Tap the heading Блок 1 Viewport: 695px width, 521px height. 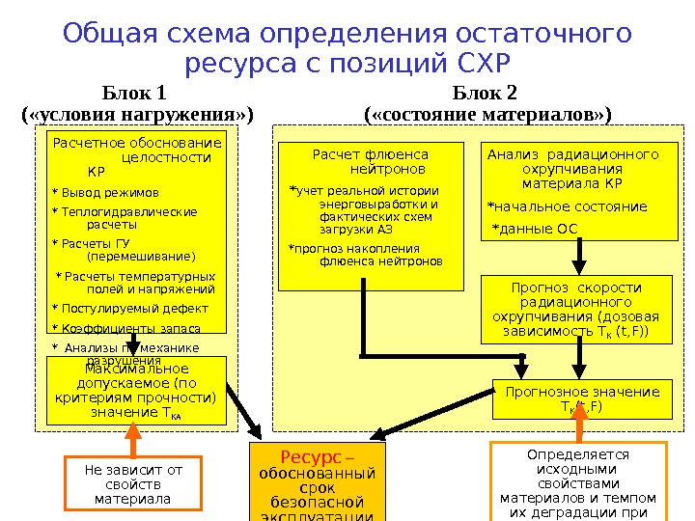click(x=135, y=94)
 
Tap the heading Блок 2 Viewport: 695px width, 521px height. click(x=486, y=94)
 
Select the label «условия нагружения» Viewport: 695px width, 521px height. click(x=136, y=115)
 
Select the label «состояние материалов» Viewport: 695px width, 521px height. click(x=487, y=115)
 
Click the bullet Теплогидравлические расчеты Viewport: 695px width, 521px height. click(x=125, y=218)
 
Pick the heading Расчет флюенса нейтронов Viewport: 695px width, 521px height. click(x=371, y=161)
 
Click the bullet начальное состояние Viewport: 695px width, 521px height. click(x=568, y=206)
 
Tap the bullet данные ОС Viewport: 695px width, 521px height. click(x=536, y=229)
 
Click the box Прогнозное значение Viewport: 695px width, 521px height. click(x=576, y=398)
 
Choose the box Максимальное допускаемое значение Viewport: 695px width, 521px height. click(x=136, y=391)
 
